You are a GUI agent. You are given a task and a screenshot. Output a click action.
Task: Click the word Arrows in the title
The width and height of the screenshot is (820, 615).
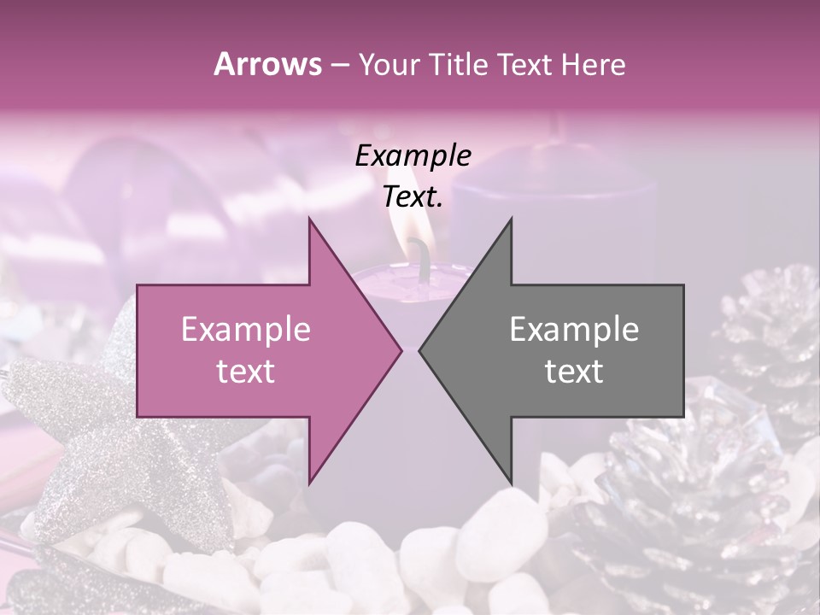(267, 64)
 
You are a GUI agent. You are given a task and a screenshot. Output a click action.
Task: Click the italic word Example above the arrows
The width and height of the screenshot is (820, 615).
(413, 155)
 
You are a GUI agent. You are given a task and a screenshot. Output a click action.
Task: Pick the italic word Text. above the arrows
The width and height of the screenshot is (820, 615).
(413, 197)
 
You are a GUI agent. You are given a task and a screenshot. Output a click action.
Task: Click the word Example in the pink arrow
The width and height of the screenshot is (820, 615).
(245, 329)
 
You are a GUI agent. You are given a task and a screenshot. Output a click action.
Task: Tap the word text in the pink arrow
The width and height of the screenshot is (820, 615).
(245, 371)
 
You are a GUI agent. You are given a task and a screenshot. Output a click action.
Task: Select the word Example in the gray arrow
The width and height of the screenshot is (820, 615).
(574, 329)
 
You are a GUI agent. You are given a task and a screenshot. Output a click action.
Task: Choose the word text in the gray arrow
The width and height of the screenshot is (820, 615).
(574, 371)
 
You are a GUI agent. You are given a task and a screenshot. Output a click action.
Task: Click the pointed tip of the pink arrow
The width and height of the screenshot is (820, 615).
(401, 350)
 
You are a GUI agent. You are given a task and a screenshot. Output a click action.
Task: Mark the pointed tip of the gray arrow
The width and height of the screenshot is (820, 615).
(419, 350)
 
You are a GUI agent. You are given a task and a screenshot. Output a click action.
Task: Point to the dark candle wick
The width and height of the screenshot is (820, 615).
(421, 252)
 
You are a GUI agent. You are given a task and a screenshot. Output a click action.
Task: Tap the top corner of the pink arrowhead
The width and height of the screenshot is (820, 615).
(309, 219)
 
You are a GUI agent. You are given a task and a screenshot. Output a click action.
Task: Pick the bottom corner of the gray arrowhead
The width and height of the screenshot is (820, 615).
(511, 483)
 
